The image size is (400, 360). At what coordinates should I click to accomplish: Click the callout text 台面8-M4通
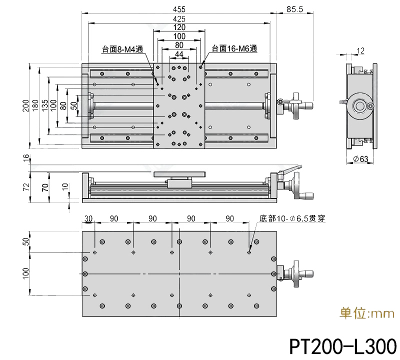(x=122, y=49)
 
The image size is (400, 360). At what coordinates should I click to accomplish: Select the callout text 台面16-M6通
(x=234, y=49)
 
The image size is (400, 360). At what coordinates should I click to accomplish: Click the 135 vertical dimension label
(x=45, y=106)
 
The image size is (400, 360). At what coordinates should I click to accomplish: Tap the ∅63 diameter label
(x=360, y=159)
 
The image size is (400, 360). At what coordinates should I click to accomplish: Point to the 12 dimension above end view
(x=361, y=50)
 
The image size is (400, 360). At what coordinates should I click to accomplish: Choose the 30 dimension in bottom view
(x=88, y=218)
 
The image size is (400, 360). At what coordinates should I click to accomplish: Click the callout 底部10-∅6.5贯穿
(x=292, y=218)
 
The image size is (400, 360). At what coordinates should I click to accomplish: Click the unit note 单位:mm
(x=367, y=314)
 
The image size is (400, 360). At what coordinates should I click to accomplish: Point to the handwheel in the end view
(x=360, y=106)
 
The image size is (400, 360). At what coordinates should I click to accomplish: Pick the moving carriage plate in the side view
(x=179, y=174)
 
